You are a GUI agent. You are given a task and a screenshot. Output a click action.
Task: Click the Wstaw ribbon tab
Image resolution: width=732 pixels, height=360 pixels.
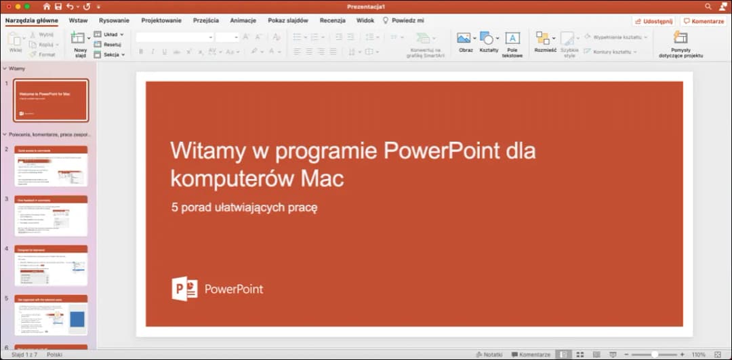[78, 20]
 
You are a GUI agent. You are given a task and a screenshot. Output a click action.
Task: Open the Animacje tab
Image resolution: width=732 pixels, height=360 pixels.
[243, 20]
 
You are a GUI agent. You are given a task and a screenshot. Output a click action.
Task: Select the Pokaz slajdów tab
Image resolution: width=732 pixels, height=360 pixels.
[287, 20]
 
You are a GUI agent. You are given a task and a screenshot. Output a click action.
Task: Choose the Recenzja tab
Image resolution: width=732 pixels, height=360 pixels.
[332, 20]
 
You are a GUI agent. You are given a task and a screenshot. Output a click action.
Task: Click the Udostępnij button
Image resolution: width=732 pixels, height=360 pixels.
[653, 21]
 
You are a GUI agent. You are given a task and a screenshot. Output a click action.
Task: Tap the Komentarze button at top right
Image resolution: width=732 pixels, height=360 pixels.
[704, 21]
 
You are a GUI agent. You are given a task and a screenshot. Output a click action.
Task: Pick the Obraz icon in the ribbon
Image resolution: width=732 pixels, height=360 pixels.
[465, 41]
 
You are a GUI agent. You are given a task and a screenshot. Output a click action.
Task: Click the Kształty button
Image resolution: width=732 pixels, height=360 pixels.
[488, 41]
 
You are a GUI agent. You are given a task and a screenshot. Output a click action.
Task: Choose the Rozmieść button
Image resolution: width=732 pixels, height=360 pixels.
[544, 41]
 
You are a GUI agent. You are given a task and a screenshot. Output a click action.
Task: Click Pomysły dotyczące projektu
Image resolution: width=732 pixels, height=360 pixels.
[680, 43]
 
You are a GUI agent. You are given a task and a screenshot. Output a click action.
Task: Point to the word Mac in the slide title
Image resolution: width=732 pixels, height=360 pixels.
[325, 178]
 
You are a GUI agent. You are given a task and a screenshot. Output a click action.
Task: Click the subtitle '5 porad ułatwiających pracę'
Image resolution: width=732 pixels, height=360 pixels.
[244, 207]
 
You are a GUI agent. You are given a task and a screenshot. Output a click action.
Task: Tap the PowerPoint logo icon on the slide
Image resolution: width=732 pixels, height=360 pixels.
[184, 289]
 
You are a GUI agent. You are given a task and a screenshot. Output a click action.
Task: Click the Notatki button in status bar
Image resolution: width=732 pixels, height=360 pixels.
[489, 355]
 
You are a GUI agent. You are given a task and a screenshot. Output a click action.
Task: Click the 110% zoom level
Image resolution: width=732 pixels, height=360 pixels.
[698, 355]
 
